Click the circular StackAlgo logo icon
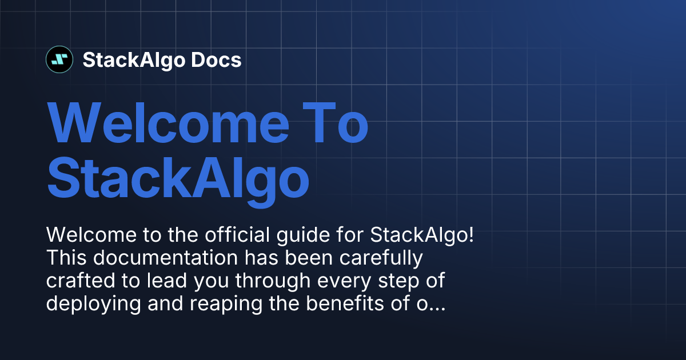(59, 59)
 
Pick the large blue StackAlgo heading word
(178, 178)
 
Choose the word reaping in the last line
(215, 305)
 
